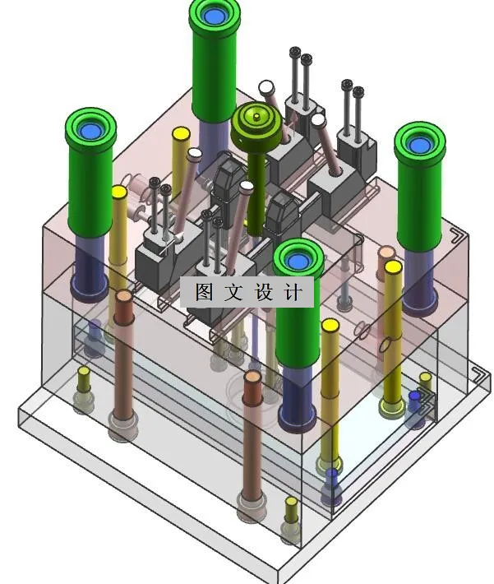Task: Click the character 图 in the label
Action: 204,292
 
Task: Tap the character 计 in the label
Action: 293,292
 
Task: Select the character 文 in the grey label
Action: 233,292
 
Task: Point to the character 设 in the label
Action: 264,292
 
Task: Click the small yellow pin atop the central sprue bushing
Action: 256,118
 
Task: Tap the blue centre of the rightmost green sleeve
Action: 419,145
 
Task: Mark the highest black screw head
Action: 295,52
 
